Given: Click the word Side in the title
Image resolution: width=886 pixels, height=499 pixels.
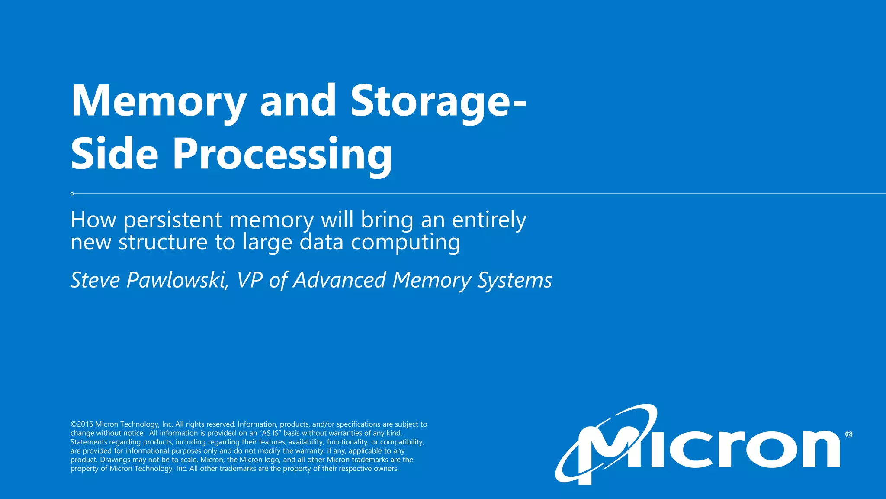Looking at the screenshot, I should click(x=115, y=154).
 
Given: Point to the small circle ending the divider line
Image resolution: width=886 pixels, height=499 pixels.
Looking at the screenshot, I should click(x=72, y=194).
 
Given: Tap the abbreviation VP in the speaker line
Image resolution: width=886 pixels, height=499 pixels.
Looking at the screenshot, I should click(x=250, y=280).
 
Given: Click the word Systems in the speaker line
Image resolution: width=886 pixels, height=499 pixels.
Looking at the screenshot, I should click(x=514, y=280).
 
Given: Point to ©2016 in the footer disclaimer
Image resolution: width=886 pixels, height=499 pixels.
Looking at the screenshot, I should click(x=82, y=424).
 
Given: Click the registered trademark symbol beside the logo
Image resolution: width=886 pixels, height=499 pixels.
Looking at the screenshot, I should click(x=848, y=434).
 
